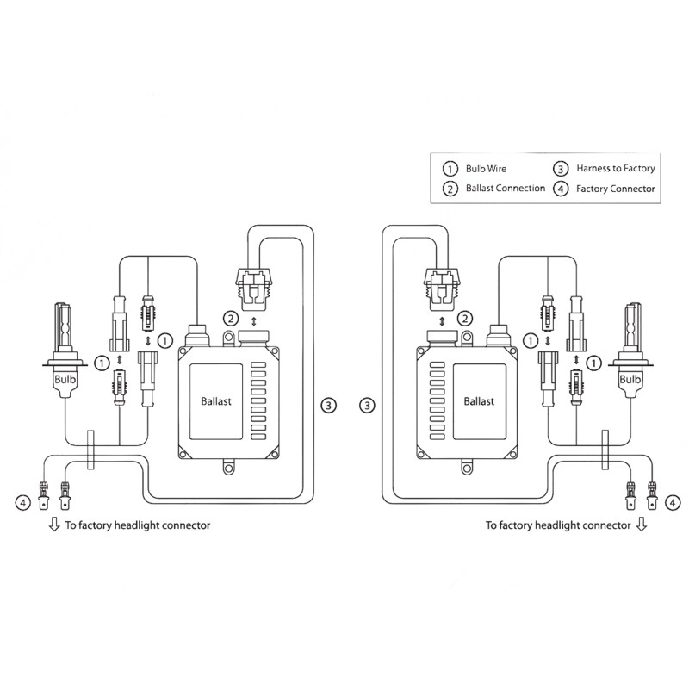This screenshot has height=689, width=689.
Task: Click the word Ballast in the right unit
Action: point(479,401)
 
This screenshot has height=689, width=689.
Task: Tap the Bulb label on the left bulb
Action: point(65,378)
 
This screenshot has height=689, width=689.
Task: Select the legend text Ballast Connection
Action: point(505,188)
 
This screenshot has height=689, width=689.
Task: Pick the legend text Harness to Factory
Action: point(616,169)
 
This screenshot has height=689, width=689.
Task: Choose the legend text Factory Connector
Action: point(616,188)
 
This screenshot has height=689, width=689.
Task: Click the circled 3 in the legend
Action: point(561,169)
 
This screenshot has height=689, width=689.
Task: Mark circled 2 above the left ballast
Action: point(230,319)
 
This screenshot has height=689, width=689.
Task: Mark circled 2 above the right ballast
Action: point(466,319)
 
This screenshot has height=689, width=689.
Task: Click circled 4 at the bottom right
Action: point(673,500)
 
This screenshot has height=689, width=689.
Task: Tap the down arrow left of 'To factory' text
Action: point(54,524)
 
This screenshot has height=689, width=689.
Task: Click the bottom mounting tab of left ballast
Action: point(227,470)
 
